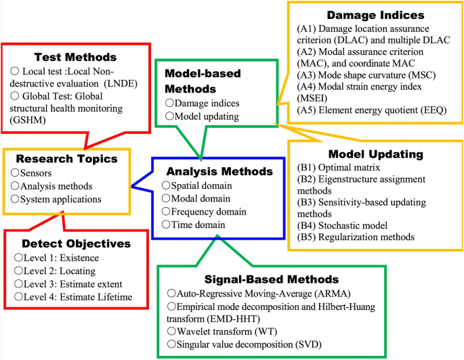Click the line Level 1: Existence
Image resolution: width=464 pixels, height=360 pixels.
pyautogui.click(x=60, y=258)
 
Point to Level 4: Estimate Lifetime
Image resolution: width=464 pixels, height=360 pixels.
pyautogui.click(x=78, y=296)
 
